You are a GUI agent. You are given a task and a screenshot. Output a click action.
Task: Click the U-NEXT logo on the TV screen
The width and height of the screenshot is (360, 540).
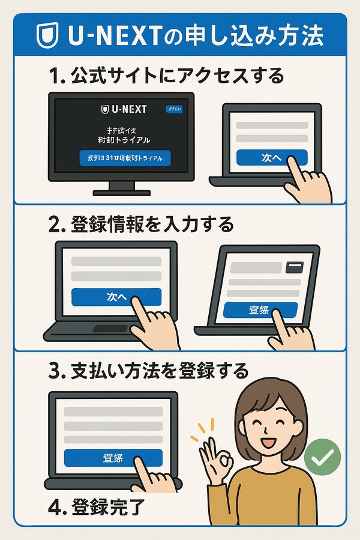[x=124, y=109]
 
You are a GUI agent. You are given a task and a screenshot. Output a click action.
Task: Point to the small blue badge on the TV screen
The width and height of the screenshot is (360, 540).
[x=172, y=110]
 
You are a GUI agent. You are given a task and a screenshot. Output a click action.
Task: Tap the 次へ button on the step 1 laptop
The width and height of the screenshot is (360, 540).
[x=271, y=158]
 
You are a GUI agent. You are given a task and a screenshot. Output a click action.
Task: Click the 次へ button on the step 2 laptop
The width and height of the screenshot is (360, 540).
[x=116, y=297]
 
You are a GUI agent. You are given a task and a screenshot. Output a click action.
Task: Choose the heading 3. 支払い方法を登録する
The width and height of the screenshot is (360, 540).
[x=148, y=371]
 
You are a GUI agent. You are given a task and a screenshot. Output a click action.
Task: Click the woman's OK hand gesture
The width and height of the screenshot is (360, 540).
[x=217, y=458]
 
